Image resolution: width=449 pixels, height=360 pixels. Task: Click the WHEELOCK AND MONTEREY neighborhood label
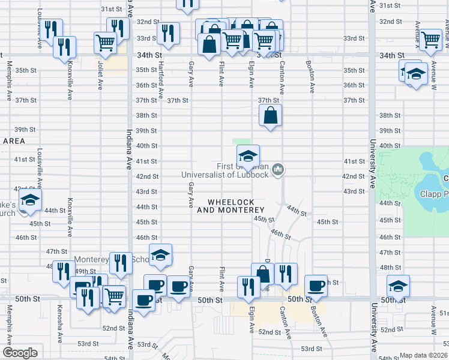231,206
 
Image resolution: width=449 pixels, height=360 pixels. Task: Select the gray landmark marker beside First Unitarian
277,170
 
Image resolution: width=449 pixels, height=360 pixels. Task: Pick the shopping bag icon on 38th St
271,115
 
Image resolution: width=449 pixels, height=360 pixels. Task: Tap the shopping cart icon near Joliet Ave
105,43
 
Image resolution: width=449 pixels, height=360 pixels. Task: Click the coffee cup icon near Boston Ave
316,285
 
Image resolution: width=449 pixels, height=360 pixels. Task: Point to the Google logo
20,353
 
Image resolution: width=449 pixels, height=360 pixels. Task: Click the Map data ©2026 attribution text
423,355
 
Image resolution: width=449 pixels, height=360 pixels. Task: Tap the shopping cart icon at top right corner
431,40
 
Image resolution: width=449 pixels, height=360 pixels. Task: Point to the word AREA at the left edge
13,140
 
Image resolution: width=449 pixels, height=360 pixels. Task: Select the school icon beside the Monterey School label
160,255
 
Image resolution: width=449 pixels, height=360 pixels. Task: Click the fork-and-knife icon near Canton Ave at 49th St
286,273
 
